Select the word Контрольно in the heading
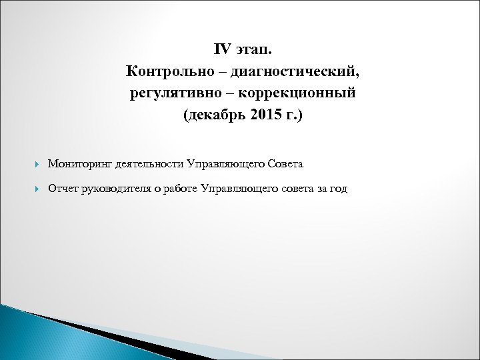(x=159, y=71)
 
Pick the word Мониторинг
(x=79, y=163)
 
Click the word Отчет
(x=63, y=189)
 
